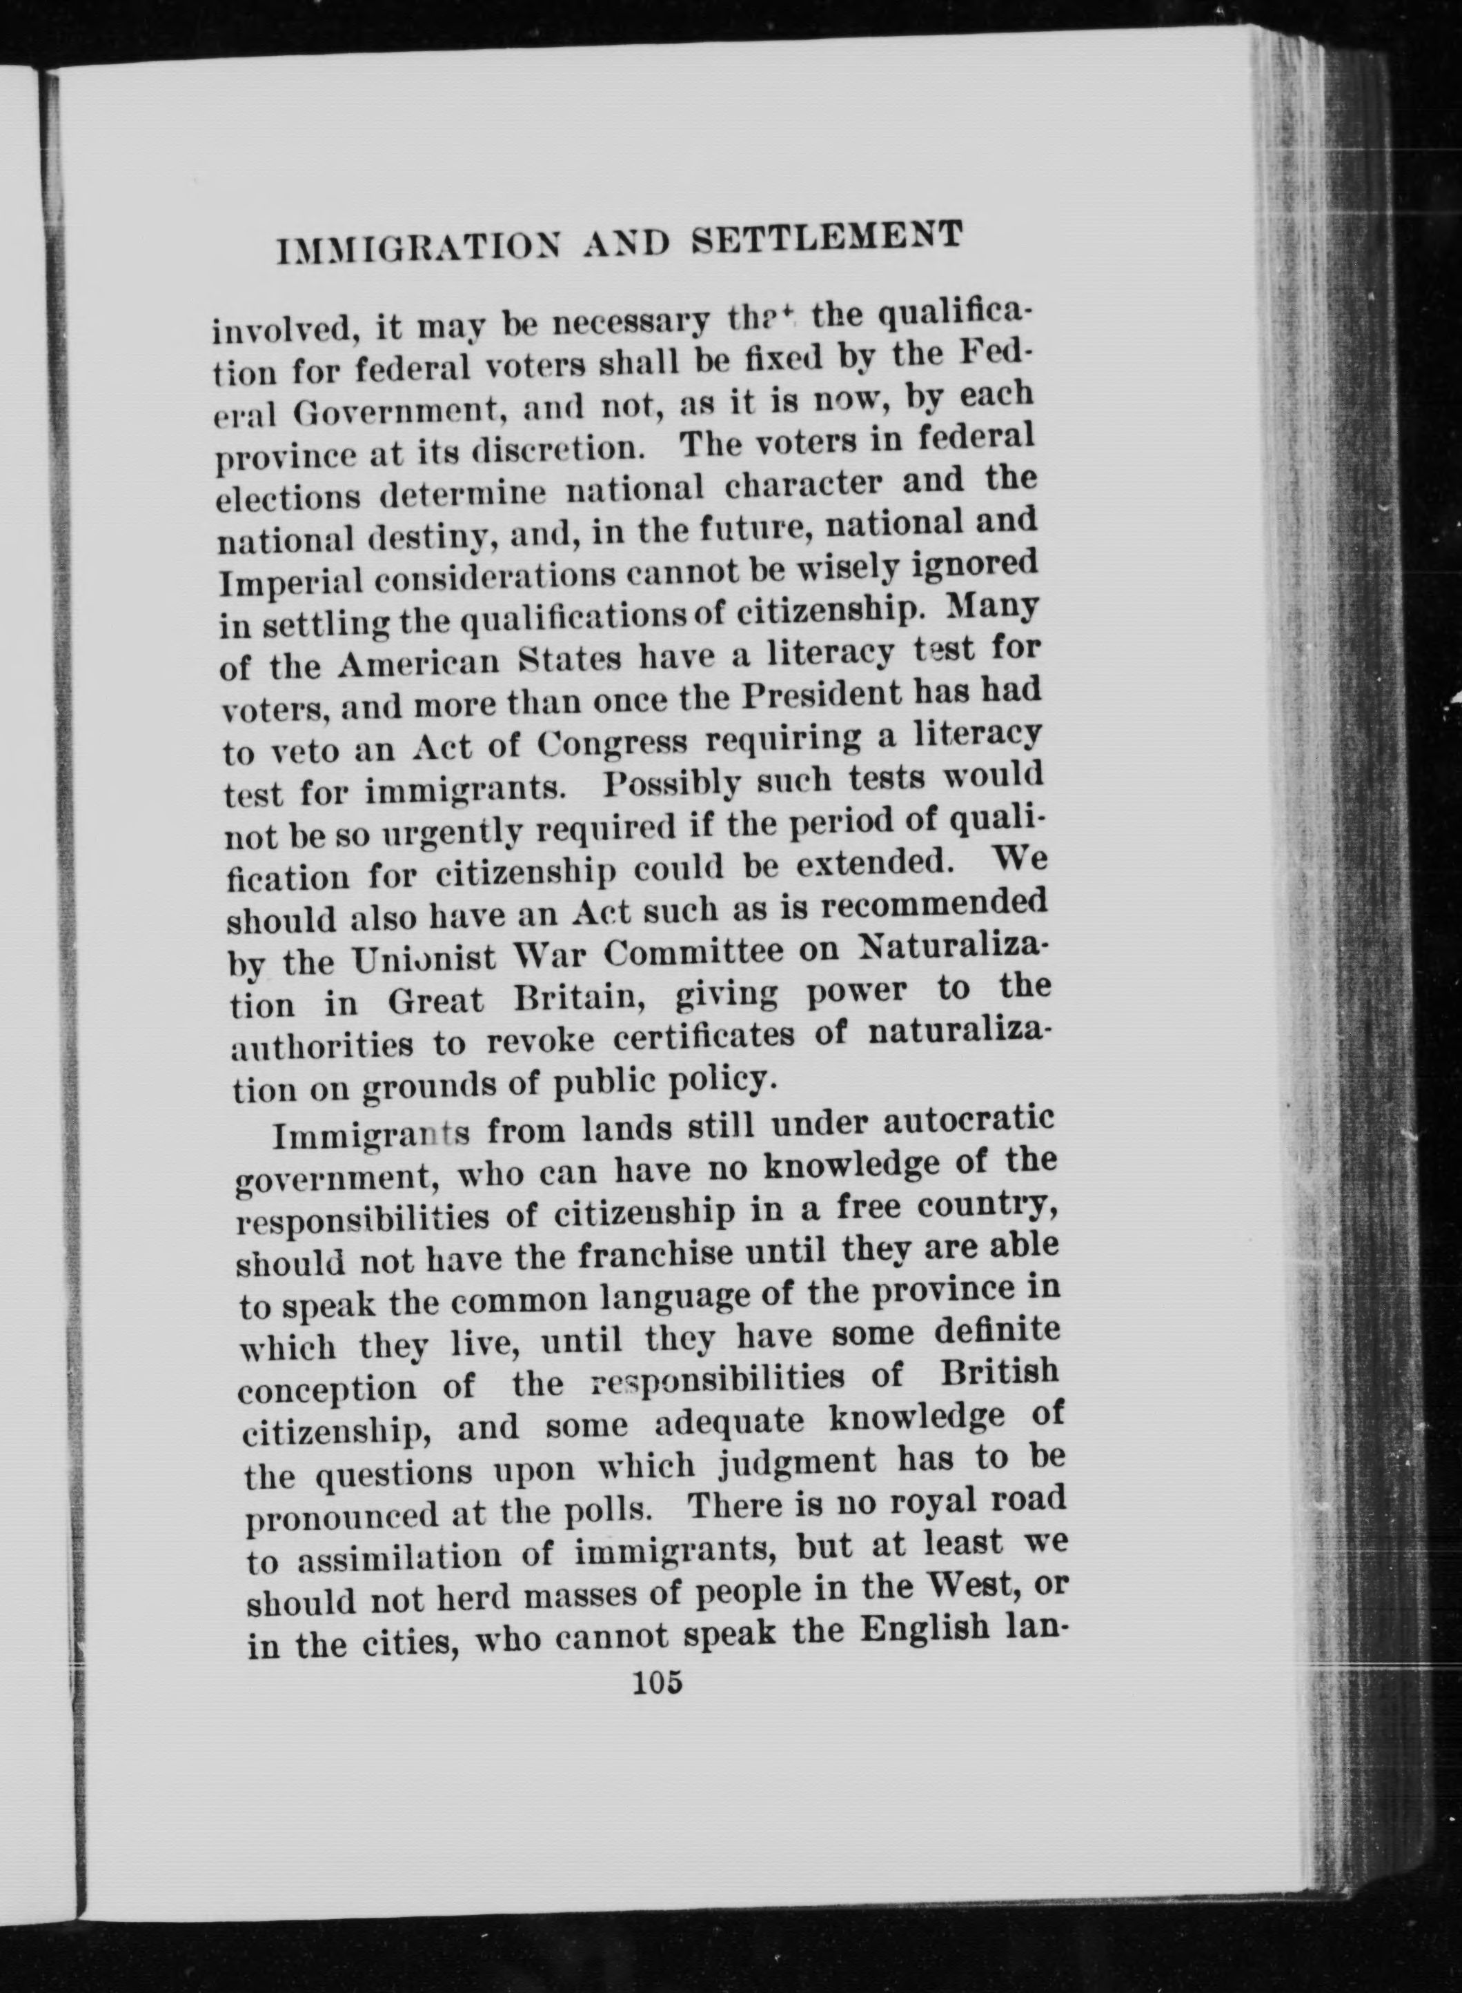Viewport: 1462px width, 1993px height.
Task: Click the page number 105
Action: click(658, 1680)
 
